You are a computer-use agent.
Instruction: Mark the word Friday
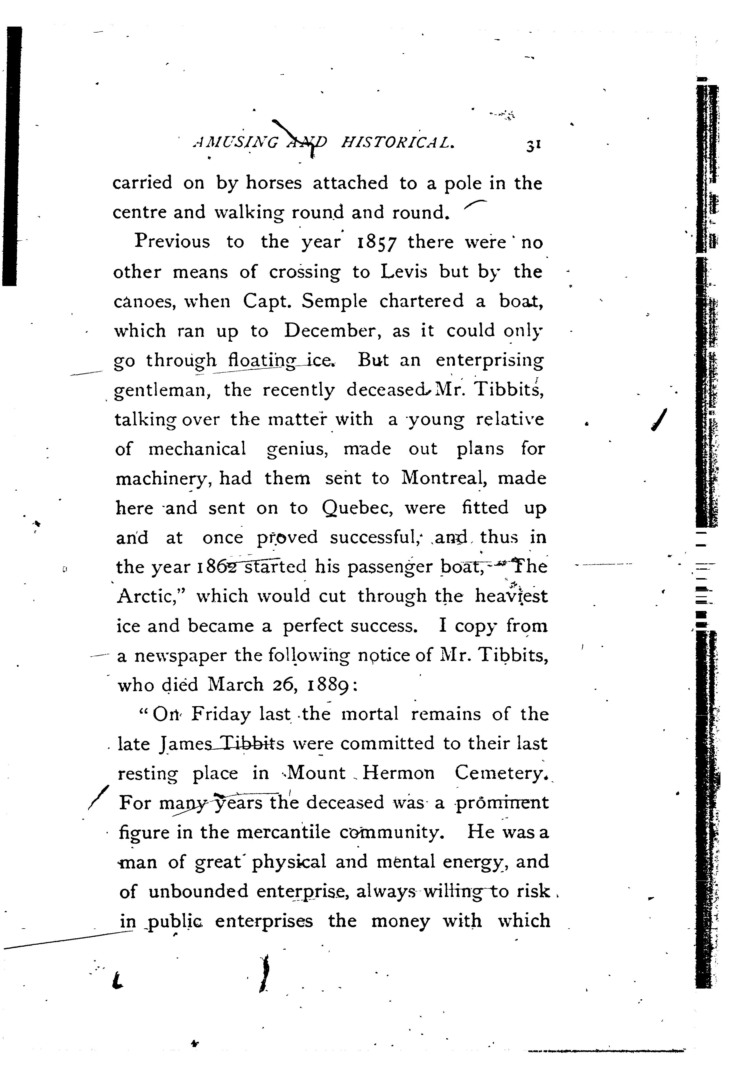[221, 714]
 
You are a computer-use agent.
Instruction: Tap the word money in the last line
[400, 920]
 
